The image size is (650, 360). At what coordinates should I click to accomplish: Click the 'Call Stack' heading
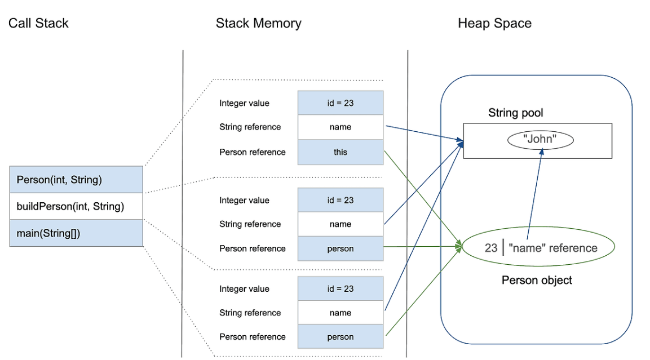(38, 23)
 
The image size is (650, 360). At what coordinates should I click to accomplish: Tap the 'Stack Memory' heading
(259, 23)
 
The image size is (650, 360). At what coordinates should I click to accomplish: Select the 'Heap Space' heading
(494, 23)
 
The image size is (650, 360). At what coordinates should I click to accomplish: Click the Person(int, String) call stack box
(76, 179)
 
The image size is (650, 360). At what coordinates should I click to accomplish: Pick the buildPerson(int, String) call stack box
(76, 206)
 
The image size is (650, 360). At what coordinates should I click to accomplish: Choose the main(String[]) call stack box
(76, 233)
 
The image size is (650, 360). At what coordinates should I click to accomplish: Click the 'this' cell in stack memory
(341, 152)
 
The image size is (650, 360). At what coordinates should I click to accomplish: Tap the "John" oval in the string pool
(540, 139)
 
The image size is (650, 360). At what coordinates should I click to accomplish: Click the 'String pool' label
(515, 113)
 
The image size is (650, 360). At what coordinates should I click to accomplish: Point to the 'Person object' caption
(537, 280)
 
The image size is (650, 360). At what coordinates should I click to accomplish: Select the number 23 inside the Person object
(491, 248)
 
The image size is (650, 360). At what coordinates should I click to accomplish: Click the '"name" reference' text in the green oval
(553, 248)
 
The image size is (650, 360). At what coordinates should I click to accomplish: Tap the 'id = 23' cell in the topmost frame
(341, 103)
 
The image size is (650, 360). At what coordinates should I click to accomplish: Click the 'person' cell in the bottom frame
(341, 336)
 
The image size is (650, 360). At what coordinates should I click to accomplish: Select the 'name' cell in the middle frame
(341, 224)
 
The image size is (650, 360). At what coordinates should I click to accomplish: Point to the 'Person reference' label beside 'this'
(253, 152)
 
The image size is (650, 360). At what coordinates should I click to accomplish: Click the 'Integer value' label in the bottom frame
(244, 289)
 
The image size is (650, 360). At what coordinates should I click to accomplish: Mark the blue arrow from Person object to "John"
(534, 194)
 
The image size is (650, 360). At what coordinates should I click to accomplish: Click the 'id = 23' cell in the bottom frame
(341, 289)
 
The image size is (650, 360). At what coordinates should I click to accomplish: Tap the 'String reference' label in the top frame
(250, 127)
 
